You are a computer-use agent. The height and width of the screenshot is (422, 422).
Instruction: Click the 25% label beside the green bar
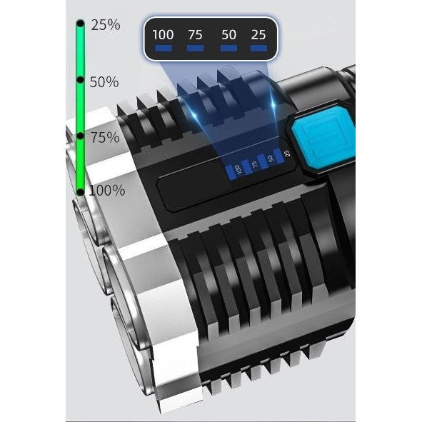(x=106, y=25)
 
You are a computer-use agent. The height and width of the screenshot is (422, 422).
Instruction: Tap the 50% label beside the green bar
(x=104, y=82)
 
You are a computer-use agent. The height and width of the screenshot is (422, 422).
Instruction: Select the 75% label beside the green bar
(x=105, y=137)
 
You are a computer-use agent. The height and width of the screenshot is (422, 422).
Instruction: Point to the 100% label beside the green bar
(x=107, y=190)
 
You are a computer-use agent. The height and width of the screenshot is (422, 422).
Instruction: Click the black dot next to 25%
(x=80, y=24)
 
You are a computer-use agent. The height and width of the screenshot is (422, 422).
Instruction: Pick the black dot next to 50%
(x=80, y=80)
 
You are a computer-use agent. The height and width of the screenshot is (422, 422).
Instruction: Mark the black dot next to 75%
(x=80, y=136)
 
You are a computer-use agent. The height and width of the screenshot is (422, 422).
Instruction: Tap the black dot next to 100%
(x=80, y=191)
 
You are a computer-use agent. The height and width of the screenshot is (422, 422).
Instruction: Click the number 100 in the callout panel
(x=163, y=35)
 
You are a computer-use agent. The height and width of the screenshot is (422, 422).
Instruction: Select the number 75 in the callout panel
(x=195, y=35)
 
